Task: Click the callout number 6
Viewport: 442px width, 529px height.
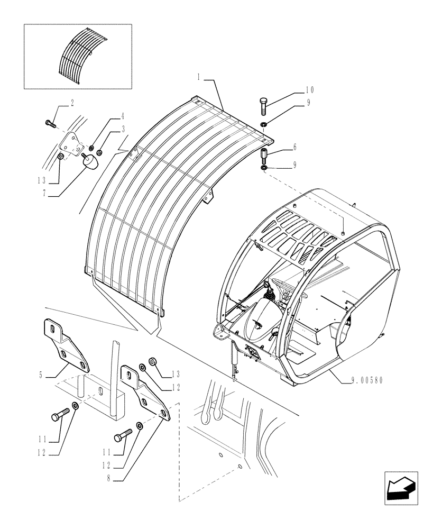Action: click(295, 149)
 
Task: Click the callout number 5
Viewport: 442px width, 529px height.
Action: click(40, 376)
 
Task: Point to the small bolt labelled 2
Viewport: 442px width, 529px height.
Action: click(50, 124)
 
